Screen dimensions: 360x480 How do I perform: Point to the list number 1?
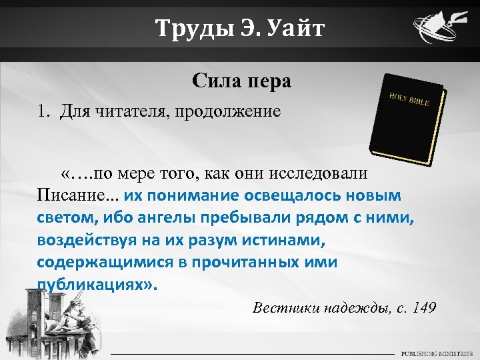pyautogui.click(x=43, y=110)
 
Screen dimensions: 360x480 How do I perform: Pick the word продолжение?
pyautogui.click(x=229, y=111)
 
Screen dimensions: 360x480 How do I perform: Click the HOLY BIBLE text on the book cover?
pyautogui.click(x=409, y=99)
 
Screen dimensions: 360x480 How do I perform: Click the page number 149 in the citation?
pyautogui.click(x=424, y=307)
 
